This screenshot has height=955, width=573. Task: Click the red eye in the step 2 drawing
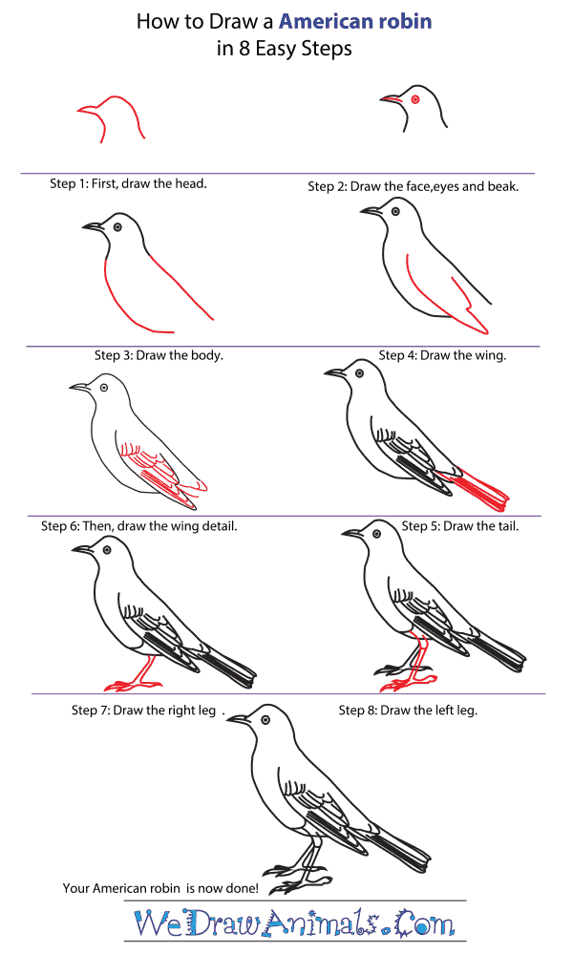pyautogui.click(x=415, y=99)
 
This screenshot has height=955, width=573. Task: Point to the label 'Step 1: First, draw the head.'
pyautogui.click(x=128, y=183)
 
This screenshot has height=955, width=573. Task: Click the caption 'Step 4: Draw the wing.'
pyautogui.click(x=442, y=355)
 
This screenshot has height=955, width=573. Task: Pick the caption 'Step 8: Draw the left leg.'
pyautogui.click(x=408, y=711)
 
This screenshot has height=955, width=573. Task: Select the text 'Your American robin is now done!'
pyautogui.click(x=160, y=888)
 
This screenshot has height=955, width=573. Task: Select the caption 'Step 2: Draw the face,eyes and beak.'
pyautogui.click(x=413, y=186)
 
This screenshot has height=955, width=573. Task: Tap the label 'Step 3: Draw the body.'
pyautogui.click(x=159, y=355)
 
